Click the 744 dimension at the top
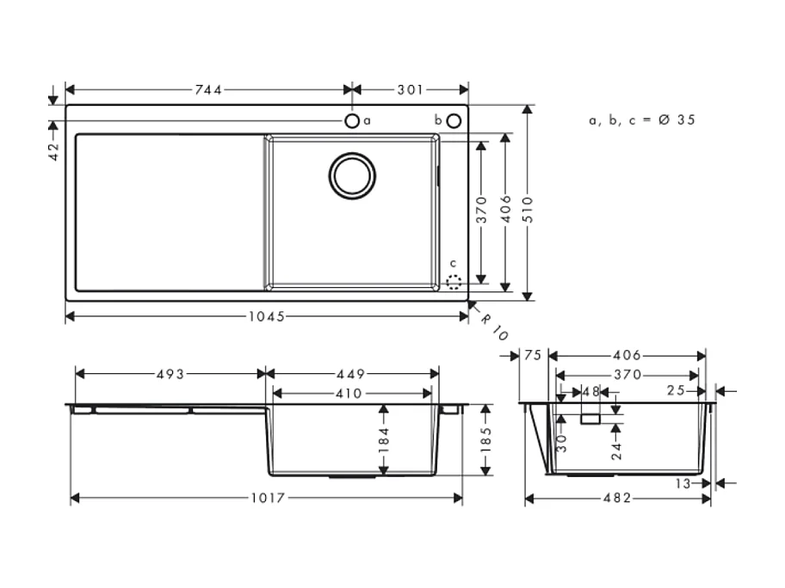click(x=209, y=89)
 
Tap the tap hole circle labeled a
click(x=352, y=120)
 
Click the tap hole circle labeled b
click(x=454, y=120)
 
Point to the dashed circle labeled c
click(x=454, y=280)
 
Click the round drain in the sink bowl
click(x=352, y=175)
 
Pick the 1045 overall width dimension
click(x=267, y=316)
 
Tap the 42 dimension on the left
click(x=53, y=152)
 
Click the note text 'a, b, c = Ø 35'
click(x=641, y=120)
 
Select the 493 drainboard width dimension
click(x=170, y=374)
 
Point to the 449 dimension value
click(x=351, y=374)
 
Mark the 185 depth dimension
click(x=486, y=439)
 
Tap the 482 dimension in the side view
click(x=617, y=499)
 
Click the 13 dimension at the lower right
click(x=683, y=484)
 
